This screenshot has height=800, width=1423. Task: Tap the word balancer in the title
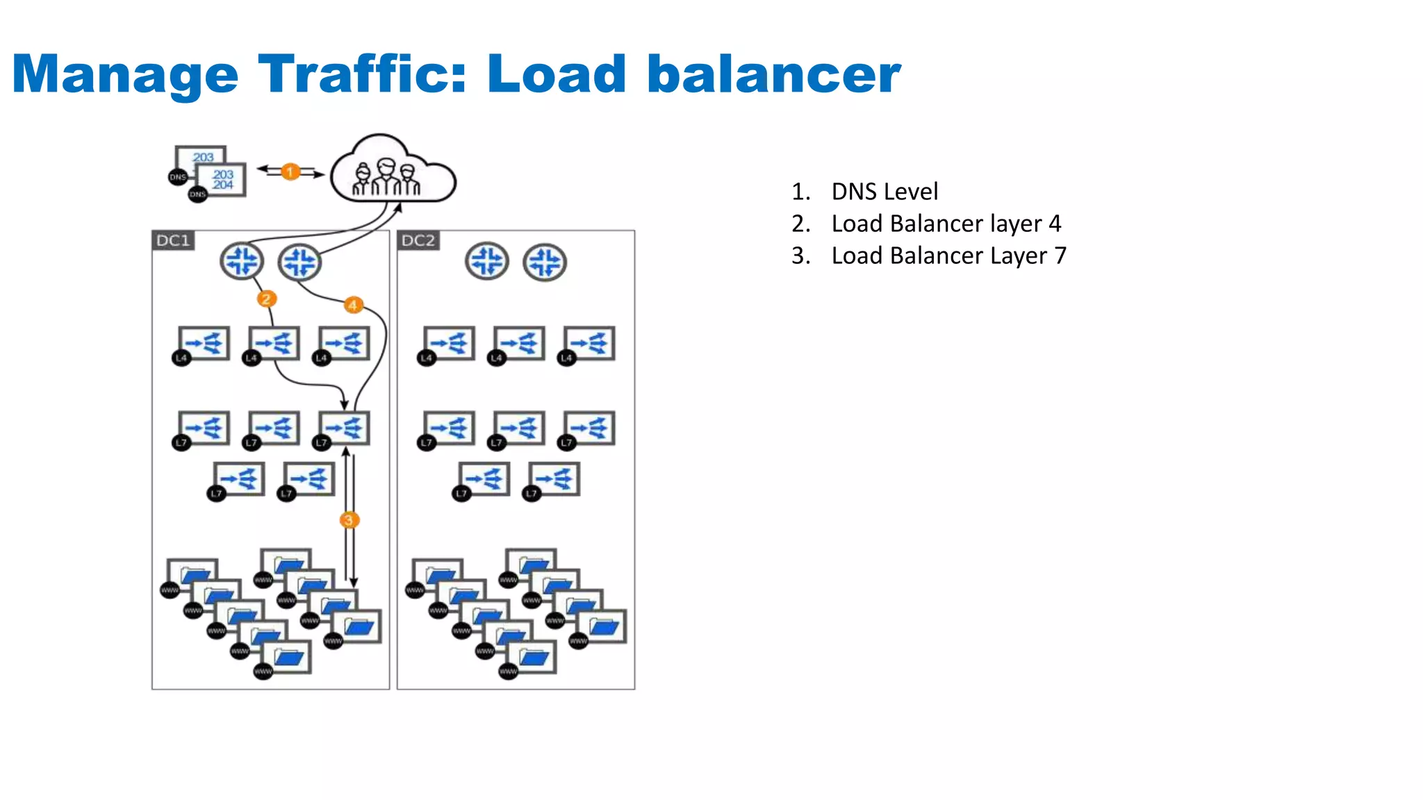(x=773, y=74)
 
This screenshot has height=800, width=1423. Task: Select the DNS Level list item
(x=884, y=192)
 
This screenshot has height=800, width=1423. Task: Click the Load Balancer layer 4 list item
(x=946, y=224)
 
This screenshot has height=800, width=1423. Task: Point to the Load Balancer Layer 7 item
(x=948, y=256)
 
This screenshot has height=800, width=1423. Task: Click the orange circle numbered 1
(x=290, y=172)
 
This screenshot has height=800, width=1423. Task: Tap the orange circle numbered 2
(x=266, y=299)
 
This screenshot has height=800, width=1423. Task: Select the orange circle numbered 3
(x=349, y=519)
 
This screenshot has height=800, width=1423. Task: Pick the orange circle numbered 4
(x=353, y=305)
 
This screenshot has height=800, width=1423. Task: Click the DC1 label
(x=173, y=240)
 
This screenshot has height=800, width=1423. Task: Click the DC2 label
(x=418, y=240)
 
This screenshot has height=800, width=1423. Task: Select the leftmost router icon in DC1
(x=241, y=262)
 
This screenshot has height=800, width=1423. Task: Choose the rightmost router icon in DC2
(x=545, y=262)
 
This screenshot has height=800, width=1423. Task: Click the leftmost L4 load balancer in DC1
(x=202, y=344)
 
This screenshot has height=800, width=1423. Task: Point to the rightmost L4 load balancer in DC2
(x=589, y=344)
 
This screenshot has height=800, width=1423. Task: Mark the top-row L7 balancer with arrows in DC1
(x=343, y=428)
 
